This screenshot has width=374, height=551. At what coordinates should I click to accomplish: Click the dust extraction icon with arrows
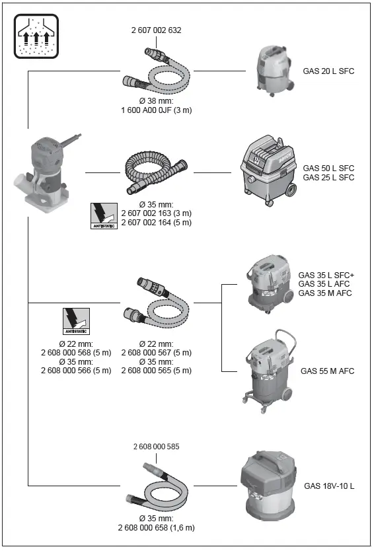click(x=36, y=36)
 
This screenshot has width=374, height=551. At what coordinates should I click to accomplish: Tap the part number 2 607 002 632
click(x=157, y=30)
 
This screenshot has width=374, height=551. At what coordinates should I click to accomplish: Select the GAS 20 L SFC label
click(x=328, y=71)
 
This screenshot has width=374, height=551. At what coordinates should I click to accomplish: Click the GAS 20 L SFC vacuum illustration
click(x=274, y=70)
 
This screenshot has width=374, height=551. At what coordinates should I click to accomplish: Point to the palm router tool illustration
click(x=47, y=173)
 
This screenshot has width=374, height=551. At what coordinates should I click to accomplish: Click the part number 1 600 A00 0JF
click(x=147, y=110)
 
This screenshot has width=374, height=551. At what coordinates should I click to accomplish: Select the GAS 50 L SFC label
click(x=328, y=168)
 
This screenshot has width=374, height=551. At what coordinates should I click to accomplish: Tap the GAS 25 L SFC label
click(x=328, y=178)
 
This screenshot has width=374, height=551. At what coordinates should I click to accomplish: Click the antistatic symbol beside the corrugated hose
click(x=104, y=216)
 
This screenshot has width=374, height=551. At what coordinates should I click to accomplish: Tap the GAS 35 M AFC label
click(x=325, y=293)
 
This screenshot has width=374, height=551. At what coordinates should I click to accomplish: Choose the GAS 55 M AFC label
click(x=327, y=371)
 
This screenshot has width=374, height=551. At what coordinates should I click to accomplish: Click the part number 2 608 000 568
click(x=66, y=352)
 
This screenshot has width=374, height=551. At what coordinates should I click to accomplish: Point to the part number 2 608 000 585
click(x=157, y=447)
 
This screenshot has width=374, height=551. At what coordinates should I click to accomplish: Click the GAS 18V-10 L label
click(x=329, y=486)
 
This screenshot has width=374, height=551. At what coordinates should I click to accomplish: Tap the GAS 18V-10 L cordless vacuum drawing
click(x=269, y=486)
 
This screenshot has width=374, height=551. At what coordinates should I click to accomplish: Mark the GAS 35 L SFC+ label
click(x=326, y=275)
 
